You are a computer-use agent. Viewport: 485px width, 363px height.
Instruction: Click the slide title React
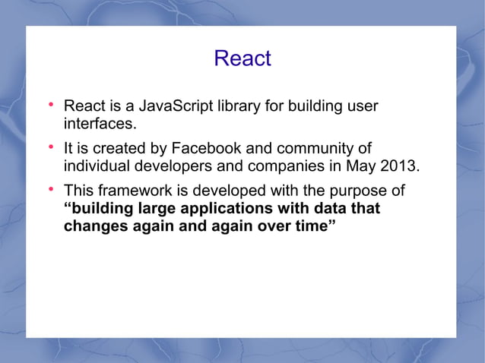tap(242, 58)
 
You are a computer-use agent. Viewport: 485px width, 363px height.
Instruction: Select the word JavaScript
tap(175, 106)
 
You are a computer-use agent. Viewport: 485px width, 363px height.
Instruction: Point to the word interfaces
tap(99, 123)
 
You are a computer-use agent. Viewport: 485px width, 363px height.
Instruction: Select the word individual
tap(96, 166)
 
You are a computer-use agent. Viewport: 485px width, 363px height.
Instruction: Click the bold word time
tap(313, 226)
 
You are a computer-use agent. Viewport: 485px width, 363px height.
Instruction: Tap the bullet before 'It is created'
tap(51, 147)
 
